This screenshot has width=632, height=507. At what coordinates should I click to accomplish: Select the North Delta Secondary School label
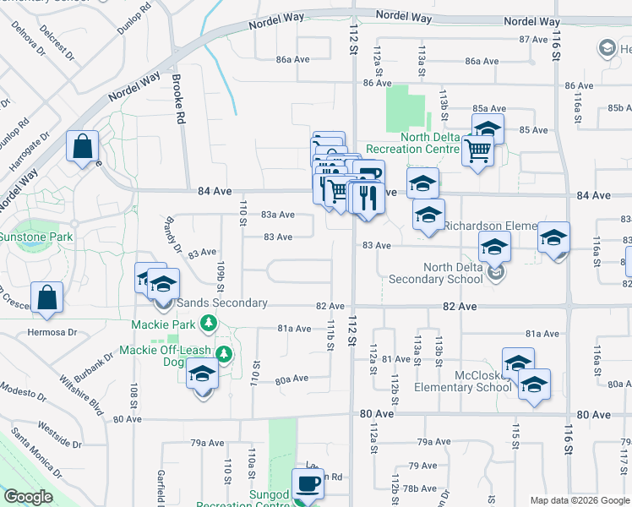tap(441, 274)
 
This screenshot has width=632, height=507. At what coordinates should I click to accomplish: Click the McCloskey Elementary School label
tap(463, 381)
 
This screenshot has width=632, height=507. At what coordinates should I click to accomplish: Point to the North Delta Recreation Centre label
tap(431, 143)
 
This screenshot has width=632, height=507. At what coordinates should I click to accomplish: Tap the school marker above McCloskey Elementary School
tap(518, 363)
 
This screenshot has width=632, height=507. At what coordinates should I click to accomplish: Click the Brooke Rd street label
tap(177, 100)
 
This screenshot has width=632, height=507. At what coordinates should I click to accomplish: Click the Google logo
tap(28, 497)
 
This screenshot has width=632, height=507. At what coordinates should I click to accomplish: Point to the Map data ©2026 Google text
tap(580, 500)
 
